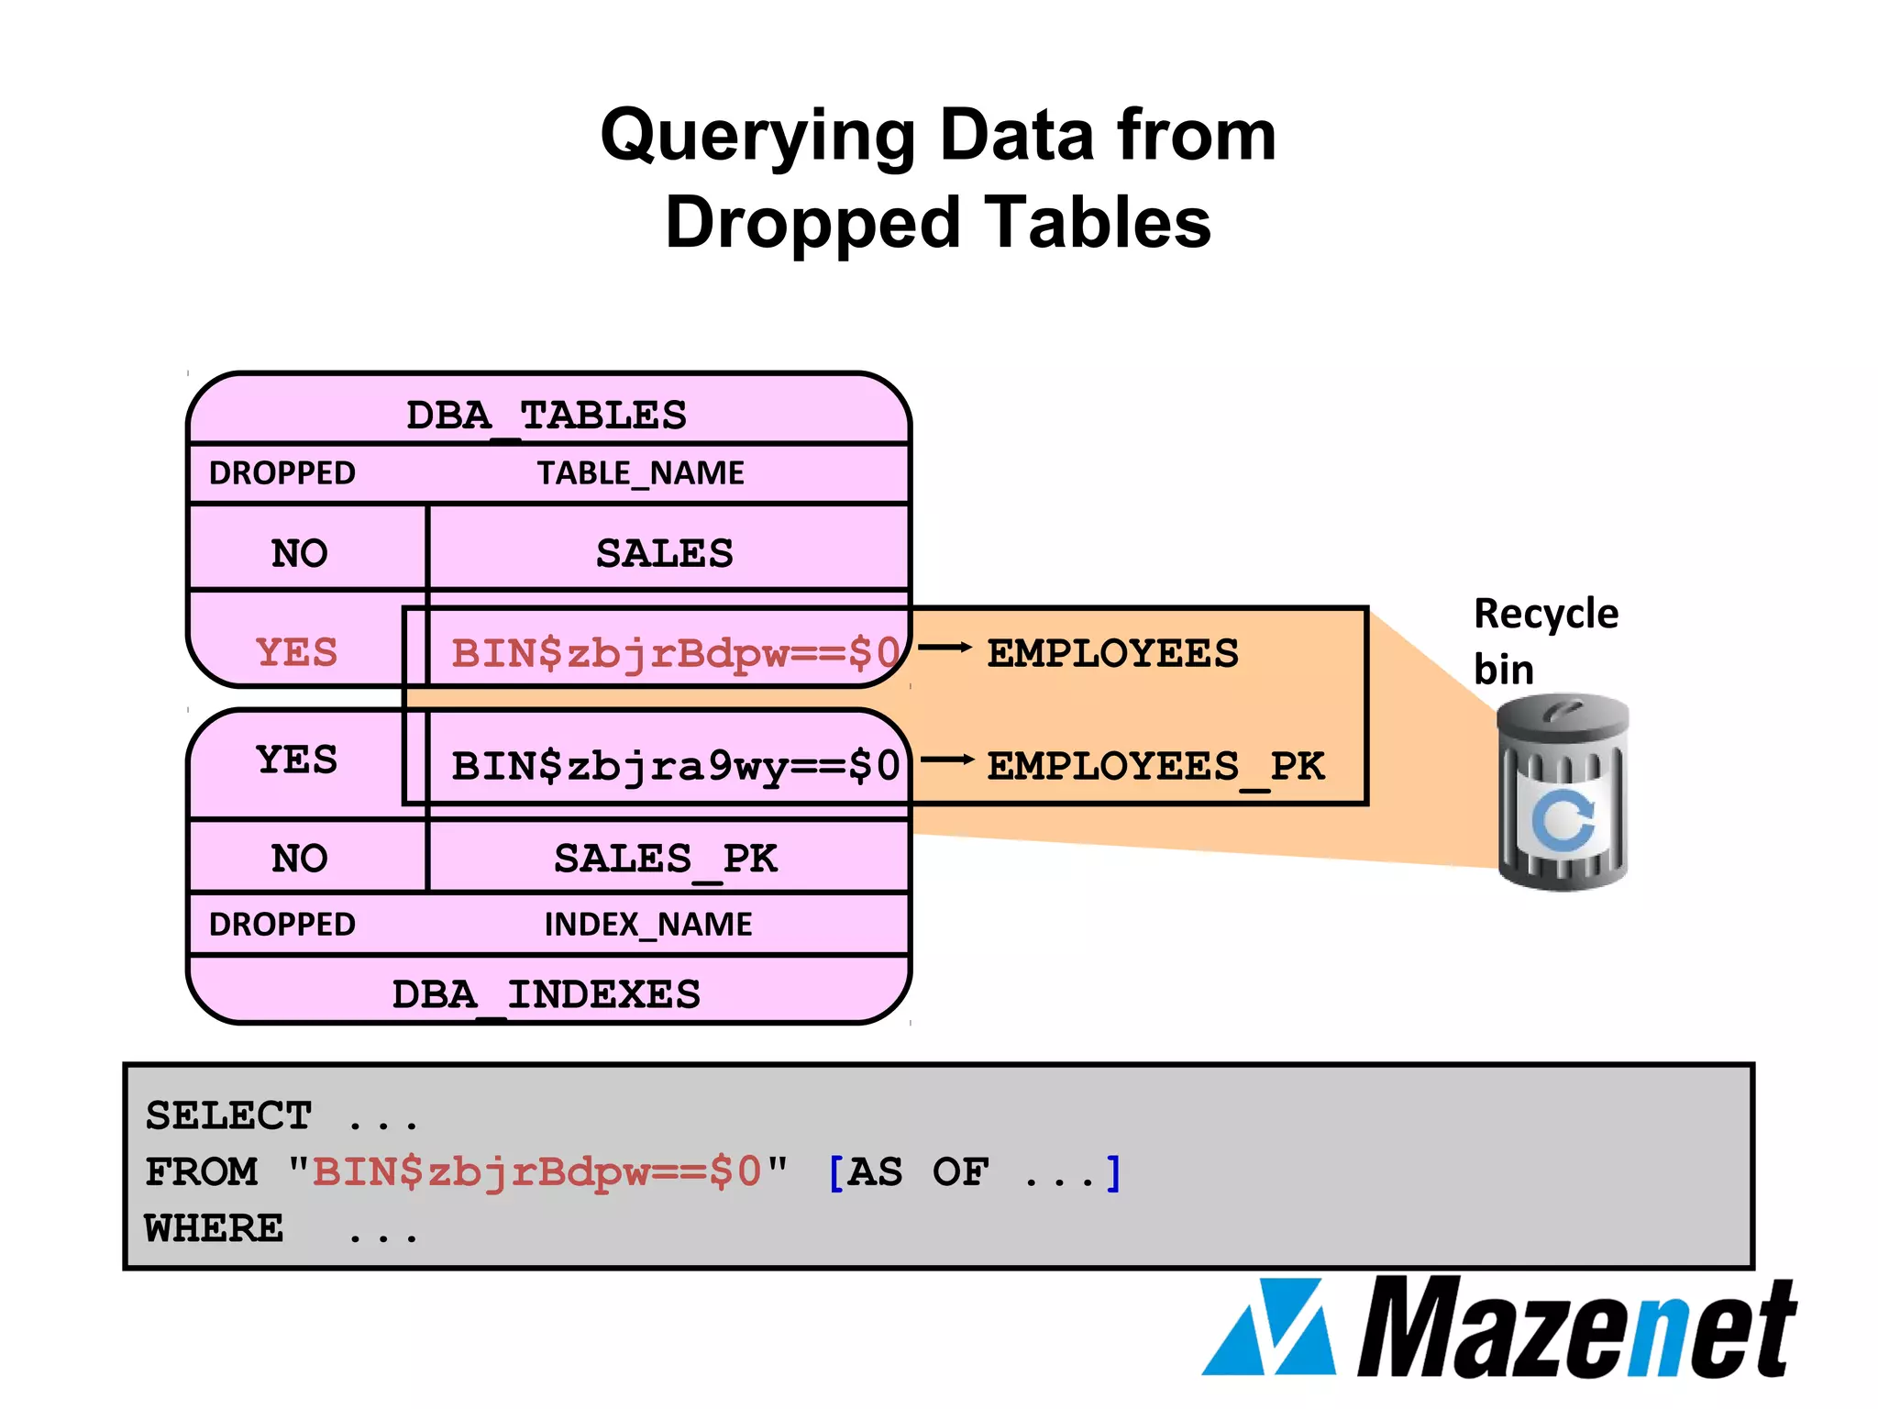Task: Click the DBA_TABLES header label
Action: pos(547,416)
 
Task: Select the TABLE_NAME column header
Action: pos(640,473)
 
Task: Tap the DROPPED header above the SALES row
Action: pos(282,473)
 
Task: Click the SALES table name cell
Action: pos(665,553)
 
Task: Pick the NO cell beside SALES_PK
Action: pos(300,859)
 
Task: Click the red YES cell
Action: pos(296,652)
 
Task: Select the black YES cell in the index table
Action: pos(296,760)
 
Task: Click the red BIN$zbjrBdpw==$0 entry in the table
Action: pos(675,653)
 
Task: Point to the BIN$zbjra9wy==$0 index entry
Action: pos(675,766)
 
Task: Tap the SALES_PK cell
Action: pos(666,859)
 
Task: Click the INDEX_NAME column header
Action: pos(648,925)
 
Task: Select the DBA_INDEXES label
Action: pos(547,994)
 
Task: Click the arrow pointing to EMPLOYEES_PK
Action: pos(946,760)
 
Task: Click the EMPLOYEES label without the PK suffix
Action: pos(1112,654)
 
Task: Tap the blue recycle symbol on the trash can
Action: pos(1563,819)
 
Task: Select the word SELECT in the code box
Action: pos(229,1116)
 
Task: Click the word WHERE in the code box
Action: pos(215,1228)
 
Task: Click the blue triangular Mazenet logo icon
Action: pos(1271,1328)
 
